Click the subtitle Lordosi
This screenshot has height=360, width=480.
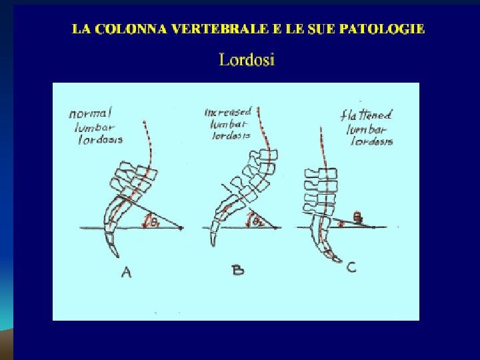247,60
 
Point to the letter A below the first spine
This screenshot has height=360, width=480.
125,271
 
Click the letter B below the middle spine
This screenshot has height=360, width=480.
238,269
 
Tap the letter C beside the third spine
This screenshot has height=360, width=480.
351,267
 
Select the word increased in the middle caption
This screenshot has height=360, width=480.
227,112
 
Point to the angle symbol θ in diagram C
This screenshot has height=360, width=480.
357,217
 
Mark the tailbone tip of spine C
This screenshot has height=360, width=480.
340,261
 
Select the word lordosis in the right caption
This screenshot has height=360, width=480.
369,141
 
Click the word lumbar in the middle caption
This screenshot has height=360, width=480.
229,124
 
